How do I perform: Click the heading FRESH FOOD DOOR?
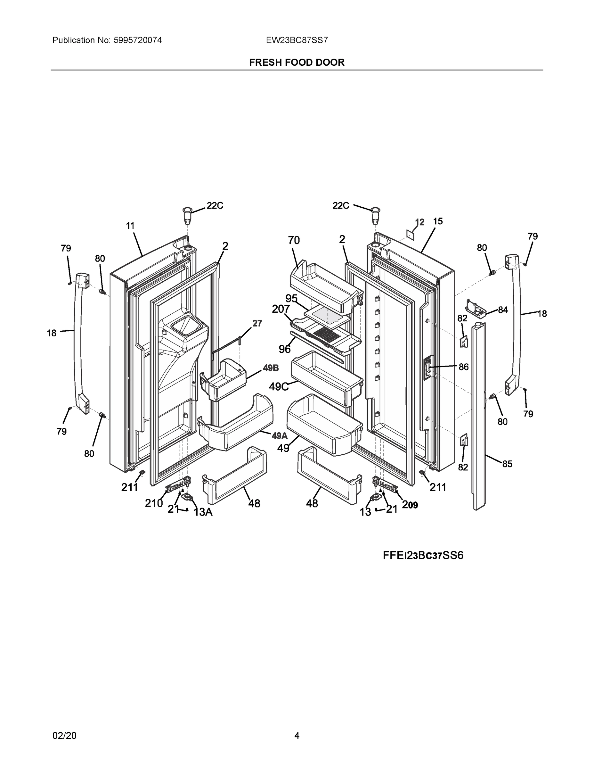tap(297, 62)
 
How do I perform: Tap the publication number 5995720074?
tap(138, 40)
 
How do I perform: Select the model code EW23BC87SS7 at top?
tap(297, 40)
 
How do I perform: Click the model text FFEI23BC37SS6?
tap(423, 555)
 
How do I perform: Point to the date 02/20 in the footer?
tap(64, 736)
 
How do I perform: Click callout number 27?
tap(257, 323)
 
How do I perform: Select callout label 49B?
tap(271, 368)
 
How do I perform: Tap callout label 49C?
tap(279, 387)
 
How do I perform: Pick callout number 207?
tap(281, 309)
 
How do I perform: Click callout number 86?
tap(463, 367)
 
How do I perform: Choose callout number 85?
tap(507, 464)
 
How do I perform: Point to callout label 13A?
tap(203, 512)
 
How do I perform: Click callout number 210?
tap(154, 503)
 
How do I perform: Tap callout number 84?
tap(503, 310)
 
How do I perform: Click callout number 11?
tap(131, 226)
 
